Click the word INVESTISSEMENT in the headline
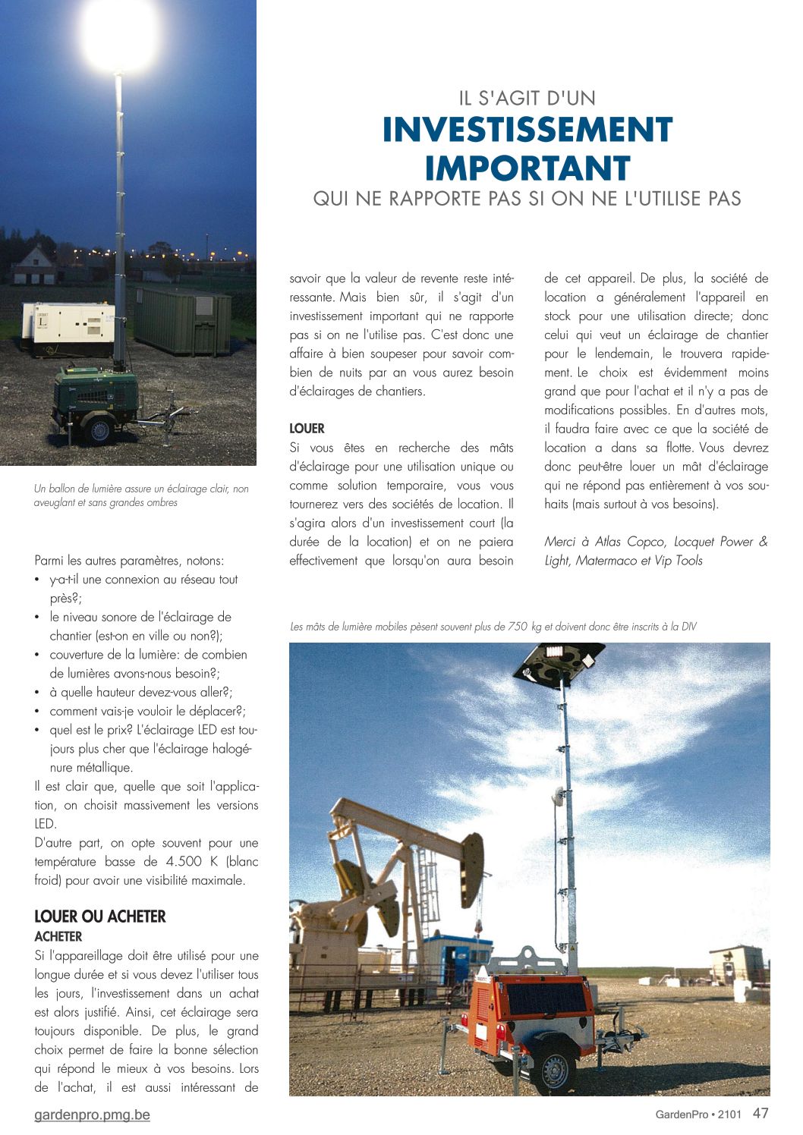tap(527, 130)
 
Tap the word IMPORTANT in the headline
tap(527, 168)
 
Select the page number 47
tap(760, 1113)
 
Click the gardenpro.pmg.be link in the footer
tap(92, 1115)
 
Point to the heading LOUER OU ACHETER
tap(99, 916)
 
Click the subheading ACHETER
tap(58, 936)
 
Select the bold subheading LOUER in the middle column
tap(307, 429)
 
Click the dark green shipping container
tap(183, 319)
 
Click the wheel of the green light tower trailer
tap(99, 430)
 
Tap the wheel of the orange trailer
tap(555, 1070)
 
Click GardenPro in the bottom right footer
tap(682, 1115)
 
